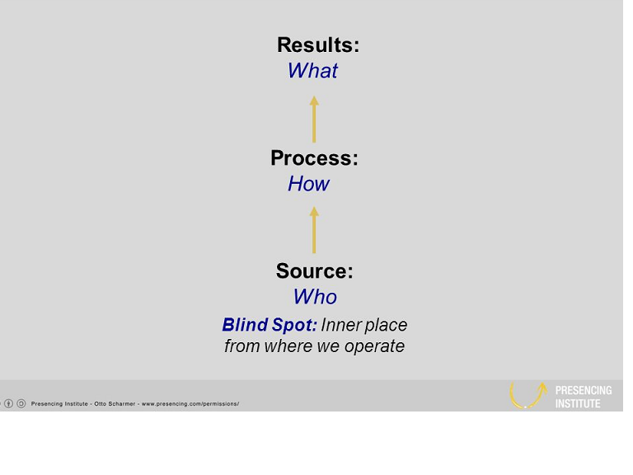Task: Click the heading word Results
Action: coord(318,45)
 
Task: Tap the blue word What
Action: coord(313,71)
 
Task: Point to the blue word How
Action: coord(309,184)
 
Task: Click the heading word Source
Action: coord(315,271)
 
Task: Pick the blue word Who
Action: coord(316,297)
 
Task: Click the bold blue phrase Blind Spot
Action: coord(270,326)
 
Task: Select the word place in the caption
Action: coord(387,326)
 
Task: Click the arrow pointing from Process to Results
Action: coord(314,119)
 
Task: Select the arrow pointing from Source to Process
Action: coord(314,230)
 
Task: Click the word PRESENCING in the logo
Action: coord(584,391)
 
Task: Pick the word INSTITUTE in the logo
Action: coord(578,404)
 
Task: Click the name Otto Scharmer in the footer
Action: coord(115,404)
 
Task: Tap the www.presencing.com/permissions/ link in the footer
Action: coord(190,404)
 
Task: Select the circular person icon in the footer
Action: coord(9,403)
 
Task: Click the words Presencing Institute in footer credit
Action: coord(59,404)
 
